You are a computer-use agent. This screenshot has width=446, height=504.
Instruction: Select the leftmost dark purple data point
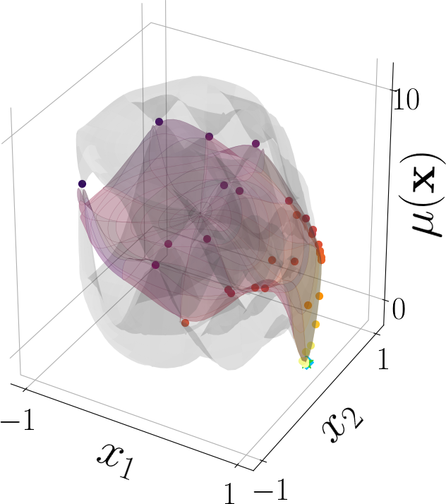[x=83, y=184]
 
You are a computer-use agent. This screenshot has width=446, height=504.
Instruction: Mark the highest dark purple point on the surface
[x=159, y=122]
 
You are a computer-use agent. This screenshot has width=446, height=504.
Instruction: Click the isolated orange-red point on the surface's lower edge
[x=185, y=323]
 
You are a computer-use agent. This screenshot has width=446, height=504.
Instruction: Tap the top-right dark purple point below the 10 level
[x=255, y=144]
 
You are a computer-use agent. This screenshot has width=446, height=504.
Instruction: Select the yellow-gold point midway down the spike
[x=315, y=325]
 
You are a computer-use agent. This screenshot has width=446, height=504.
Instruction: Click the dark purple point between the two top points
[x=209, y=136]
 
